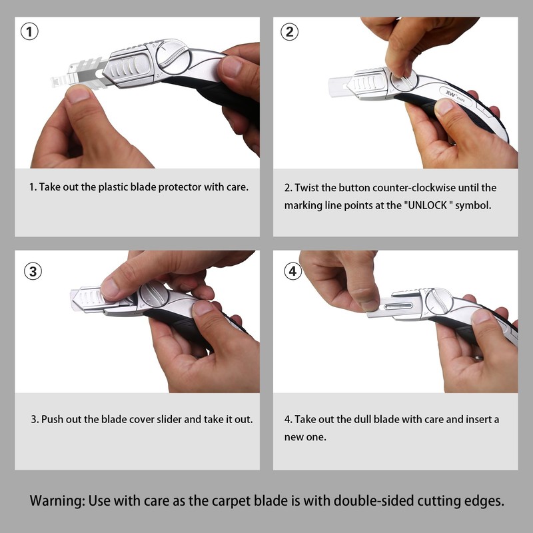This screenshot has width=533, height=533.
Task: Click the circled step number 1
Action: tap(29, 31)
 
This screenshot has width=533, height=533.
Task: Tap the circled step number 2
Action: tap(288, 31)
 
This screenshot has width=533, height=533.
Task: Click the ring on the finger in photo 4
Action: tap(478, 357)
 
